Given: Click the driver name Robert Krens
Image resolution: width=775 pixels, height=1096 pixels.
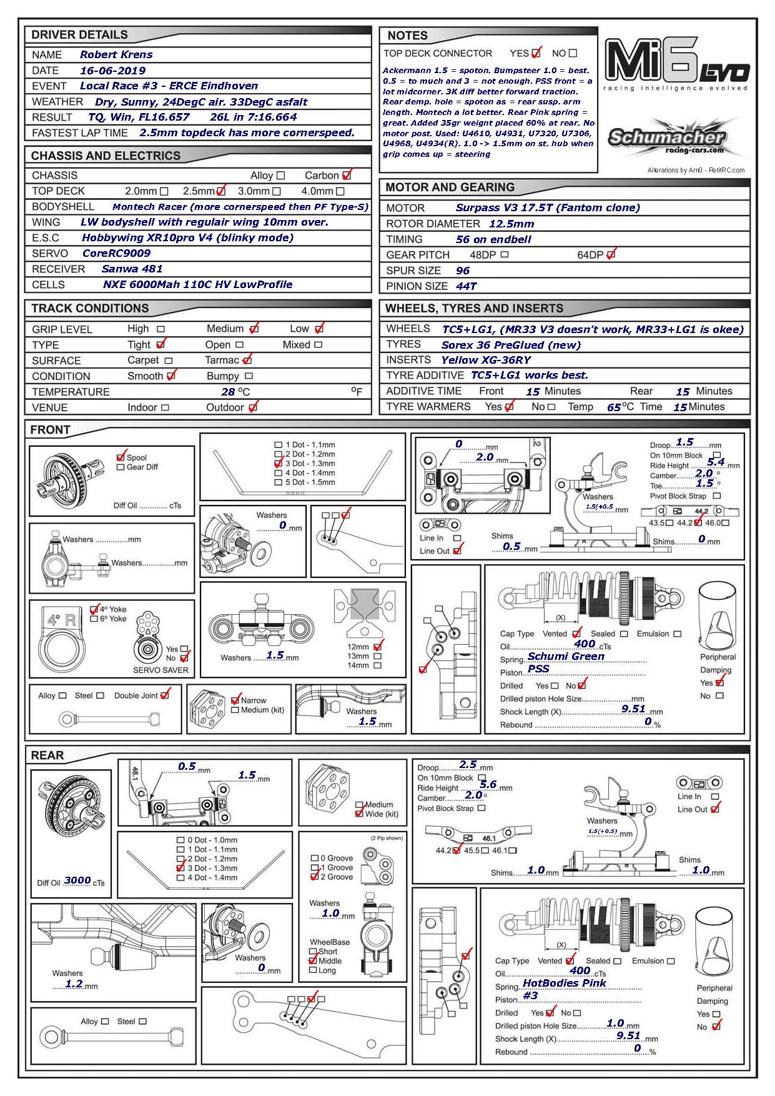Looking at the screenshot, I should point(116,54).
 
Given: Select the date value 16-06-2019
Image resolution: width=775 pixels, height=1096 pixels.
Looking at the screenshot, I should point(112,71).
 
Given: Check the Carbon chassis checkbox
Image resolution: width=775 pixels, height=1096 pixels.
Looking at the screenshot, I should point(347,176).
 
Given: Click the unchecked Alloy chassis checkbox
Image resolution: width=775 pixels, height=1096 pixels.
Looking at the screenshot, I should point(280,176).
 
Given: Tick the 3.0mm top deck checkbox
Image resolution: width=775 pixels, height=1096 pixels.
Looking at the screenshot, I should point(276,191).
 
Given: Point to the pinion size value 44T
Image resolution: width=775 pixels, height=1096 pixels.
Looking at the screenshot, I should point(466,286).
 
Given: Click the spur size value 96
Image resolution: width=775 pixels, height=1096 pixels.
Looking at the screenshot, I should point(463,271).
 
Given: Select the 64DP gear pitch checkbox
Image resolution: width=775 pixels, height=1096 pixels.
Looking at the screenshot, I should point(611,255).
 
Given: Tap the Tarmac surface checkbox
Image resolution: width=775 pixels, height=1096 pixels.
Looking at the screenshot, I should point(247,361).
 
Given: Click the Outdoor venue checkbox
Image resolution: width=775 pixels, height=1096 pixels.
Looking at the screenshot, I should point(252,407).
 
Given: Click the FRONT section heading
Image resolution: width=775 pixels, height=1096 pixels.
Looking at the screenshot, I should point(50,430).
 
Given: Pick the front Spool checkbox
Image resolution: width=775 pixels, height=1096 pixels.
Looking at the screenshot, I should point(121,457).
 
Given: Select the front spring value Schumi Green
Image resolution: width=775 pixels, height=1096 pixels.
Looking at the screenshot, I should point(566,656).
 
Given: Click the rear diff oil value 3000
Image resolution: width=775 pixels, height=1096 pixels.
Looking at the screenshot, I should point(77,880).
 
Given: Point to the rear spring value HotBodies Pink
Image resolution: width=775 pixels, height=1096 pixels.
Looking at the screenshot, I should point(564,983).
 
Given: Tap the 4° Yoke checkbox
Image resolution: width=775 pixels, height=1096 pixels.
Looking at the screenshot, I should point(94,609).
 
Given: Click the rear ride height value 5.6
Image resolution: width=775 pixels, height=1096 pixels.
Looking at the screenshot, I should point(488,785).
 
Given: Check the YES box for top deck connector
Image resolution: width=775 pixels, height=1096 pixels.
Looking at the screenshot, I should point(536,53).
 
